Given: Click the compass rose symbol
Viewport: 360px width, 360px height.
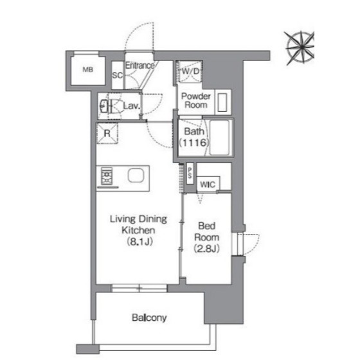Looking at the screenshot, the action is click(300, 48).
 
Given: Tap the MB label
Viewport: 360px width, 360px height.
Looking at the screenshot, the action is click(88, 69).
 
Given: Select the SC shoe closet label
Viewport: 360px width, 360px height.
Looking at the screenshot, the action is click(117, 75).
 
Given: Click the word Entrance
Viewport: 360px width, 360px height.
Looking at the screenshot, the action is click(140, 66).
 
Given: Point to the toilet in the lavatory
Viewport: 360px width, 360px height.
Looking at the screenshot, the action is click(111, 106).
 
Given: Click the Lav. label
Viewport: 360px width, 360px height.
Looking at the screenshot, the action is click(132, 106).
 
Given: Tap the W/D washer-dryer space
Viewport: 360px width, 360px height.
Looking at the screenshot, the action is click(190, 71).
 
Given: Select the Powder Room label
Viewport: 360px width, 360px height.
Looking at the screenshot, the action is click(196, 100).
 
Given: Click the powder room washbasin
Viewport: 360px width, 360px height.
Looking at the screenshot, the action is click(222, 102).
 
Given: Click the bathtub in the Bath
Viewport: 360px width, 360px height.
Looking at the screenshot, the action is click(219, 138).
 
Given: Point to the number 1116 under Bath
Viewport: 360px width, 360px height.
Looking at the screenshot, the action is click(194, 143).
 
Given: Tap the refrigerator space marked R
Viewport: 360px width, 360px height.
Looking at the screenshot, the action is click(107, 134).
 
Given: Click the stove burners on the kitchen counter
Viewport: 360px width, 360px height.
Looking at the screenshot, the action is click(107, 176).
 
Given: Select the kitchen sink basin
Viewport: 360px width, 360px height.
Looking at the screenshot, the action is click(136, 175).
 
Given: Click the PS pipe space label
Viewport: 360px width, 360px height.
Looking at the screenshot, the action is click(190, 173).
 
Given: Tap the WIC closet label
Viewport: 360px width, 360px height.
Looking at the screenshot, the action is click(208, 184).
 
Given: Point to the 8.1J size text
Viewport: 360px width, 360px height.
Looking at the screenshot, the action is click(140, 242).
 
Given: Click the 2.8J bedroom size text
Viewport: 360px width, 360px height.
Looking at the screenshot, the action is click(206, 248).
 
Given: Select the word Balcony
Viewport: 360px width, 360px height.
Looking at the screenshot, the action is click(149, 318).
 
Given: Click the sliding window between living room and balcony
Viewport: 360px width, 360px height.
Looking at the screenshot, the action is click(139, 288).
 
